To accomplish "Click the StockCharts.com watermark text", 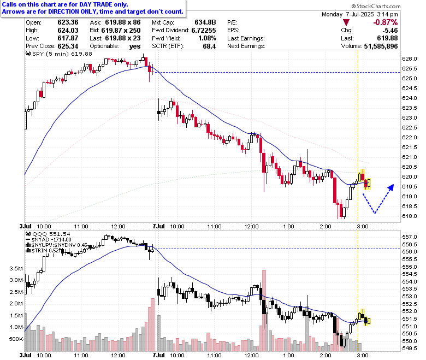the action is (x=376, y=6).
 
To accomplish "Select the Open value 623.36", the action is (x=68, y=22).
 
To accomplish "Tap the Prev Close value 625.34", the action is (x=68, y=46).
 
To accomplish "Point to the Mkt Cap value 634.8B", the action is (x=205, y=22).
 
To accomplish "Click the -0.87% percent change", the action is (x=386, y=22).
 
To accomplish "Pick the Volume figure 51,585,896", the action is (x=381, y=46).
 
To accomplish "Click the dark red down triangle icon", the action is (x=346, y=22).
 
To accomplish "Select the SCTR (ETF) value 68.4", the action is (x=209, y=46).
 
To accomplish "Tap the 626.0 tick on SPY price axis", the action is (x=410, y=59).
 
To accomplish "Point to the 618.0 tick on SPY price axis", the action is (x=410, y=216).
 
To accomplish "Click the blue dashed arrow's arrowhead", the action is (x=391, y=187).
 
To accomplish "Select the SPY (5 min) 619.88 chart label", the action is (x=59, y=54).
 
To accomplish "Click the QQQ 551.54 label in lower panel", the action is (x=48, y=234).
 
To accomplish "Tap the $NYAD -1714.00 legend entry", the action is (x=49, y=240).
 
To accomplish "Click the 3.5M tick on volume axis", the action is (x=16, y=269).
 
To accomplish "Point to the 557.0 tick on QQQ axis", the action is (x=410, y=237).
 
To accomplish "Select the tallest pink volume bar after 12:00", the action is (x=264, y=310).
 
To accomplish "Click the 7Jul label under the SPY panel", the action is (x=159, y=226).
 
